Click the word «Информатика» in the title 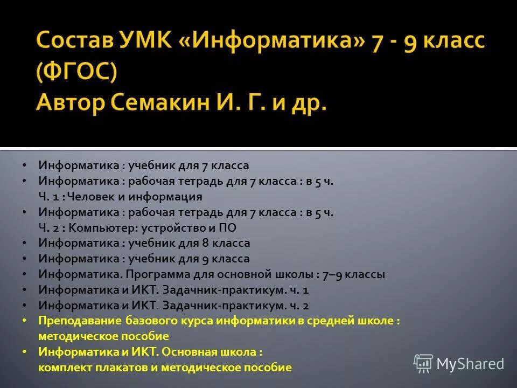(x=269, y=41)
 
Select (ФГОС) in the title (x=76, y=71)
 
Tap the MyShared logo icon (x=423, y=364)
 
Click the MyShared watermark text (x=470, y=364)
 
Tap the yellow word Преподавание (x=81, y=321)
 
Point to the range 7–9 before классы (x=332, y=274)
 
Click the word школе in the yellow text (x=379, y=321)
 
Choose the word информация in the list (x=171, y=197)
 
